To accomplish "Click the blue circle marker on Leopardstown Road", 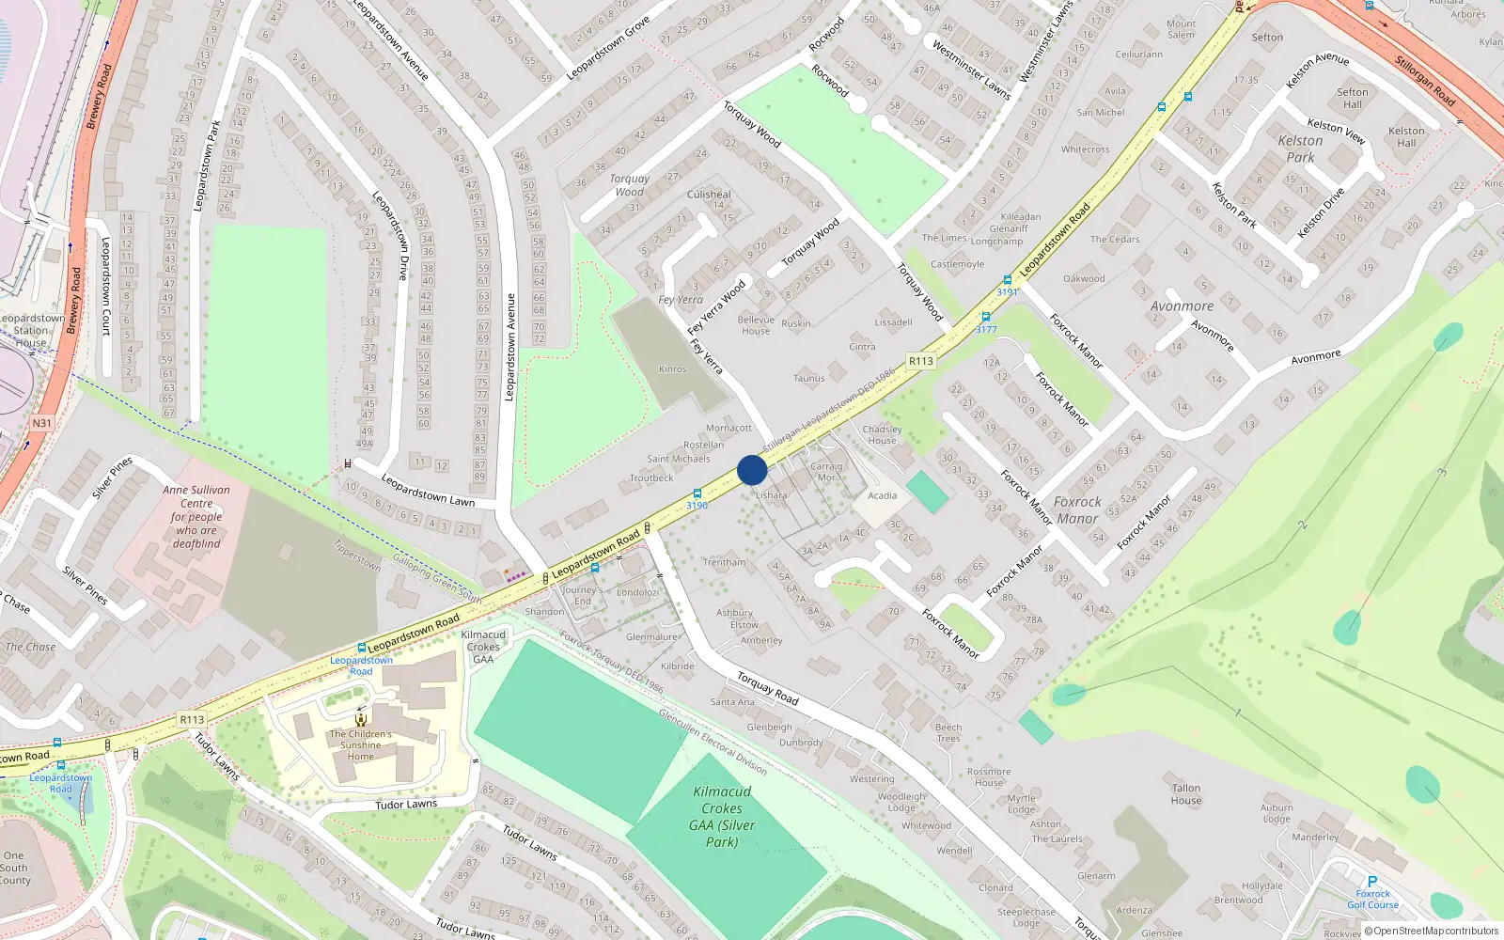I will pos(752,470).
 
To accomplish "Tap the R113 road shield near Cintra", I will pos(921,361).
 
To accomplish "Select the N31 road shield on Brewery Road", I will pos(41,423).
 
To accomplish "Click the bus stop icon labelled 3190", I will pos(697,493).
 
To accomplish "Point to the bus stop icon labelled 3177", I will pos(985,318).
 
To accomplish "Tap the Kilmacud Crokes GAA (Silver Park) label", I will pos(721,816).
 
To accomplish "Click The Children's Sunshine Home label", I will pos(361,744).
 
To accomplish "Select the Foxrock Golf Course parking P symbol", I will pos(1372,882).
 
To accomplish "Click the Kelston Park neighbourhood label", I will pos(1300,149).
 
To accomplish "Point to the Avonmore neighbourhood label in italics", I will pos(1182,306).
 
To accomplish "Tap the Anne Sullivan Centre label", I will pos(196,516).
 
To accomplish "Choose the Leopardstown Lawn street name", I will pos(428,491).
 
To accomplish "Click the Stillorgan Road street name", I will pos(1424,81).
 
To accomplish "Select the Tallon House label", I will pos(1186,794).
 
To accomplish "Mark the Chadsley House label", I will pos(882,434).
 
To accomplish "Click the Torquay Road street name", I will pos(767,688).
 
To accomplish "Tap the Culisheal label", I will pos(709,194).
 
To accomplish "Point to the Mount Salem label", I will pos(1182,29).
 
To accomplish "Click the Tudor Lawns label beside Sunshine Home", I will pos(406,805).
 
